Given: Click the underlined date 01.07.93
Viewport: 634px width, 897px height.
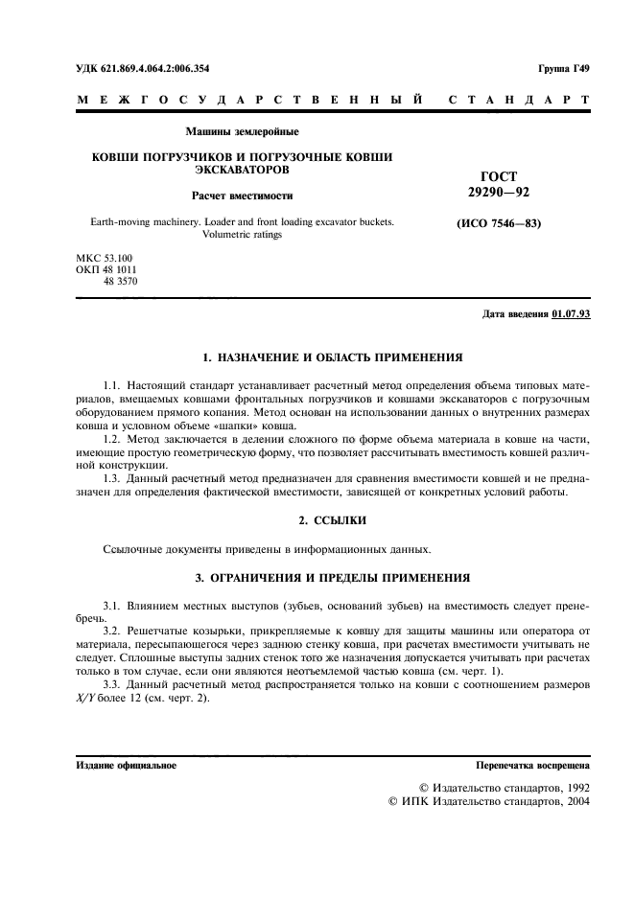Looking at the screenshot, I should [571, 315].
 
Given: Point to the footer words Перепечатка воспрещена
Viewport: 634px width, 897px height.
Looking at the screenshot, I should [533, 767].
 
